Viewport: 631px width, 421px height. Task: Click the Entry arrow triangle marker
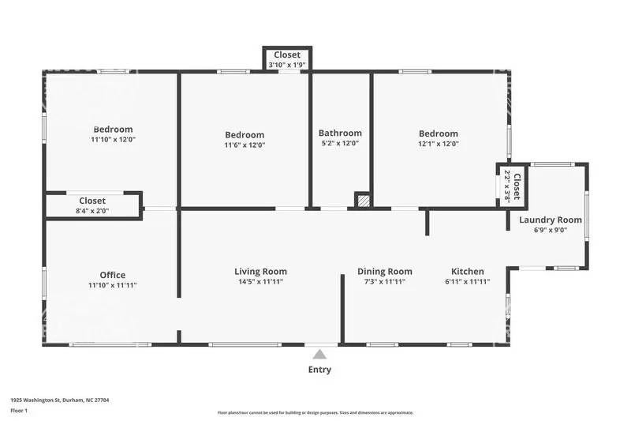(319, 354)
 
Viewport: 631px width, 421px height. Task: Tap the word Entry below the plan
(319, 370)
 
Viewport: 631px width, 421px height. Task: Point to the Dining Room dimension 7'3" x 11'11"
(385, 281)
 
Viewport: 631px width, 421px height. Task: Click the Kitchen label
(468, 271)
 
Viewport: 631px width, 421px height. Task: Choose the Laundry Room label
(551, 220)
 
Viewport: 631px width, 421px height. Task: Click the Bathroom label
(340, 133)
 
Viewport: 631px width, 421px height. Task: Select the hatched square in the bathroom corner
(362, 201)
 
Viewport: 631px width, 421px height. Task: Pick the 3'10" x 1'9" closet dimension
(287, 65)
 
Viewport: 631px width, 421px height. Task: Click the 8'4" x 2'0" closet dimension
(92, 211)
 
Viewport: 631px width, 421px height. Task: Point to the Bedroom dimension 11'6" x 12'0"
(245, 145)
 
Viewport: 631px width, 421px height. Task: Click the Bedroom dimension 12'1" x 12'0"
(438, 144)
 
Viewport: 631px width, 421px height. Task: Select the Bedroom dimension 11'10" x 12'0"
(113, 140)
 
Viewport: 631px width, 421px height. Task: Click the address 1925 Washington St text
(59, 400)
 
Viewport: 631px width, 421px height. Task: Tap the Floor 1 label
(19, 411)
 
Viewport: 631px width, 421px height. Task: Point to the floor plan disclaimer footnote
(315, 412)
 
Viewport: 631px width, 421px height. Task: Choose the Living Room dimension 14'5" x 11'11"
(260, 281)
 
